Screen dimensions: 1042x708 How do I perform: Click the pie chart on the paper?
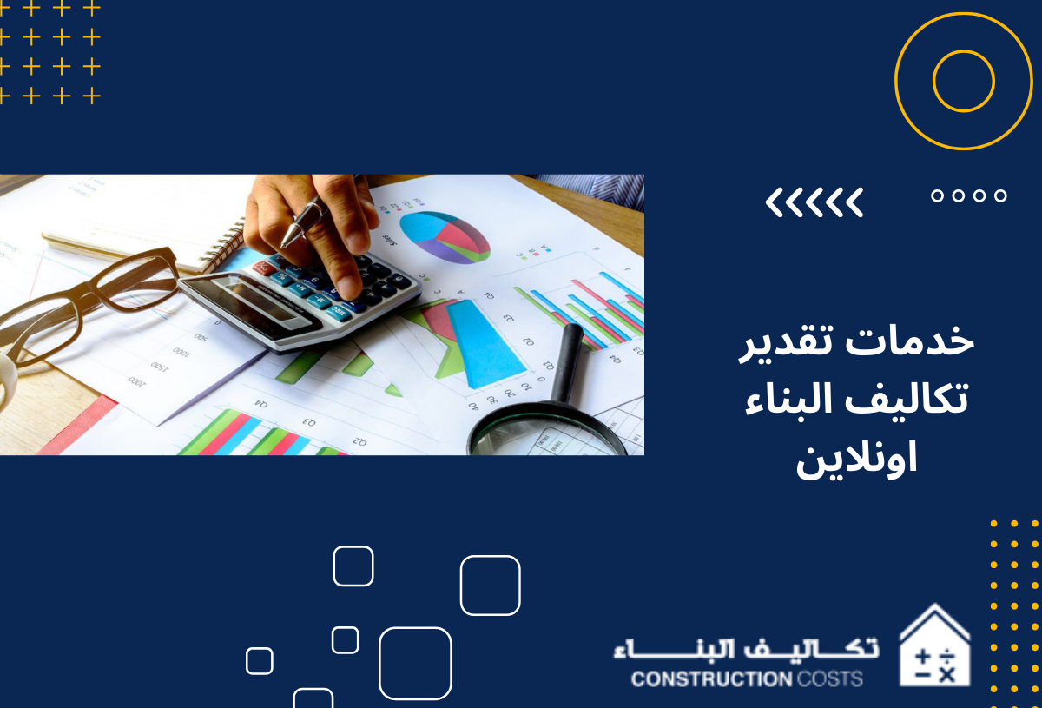[445, 237]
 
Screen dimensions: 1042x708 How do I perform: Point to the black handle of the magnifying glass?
[568, 362]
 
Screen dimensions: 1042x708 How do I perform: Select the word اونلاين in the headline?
[856, 459]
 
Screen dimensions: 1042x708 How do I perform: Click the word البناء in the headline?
[792, 400]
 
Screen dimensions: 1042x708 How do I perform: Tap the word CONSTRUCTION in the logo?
[712, 679]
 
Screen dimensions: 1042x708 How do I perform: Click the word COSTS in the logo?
[830, 679]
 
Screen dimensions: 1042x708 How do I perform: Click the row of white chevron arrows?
[814, 202]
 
